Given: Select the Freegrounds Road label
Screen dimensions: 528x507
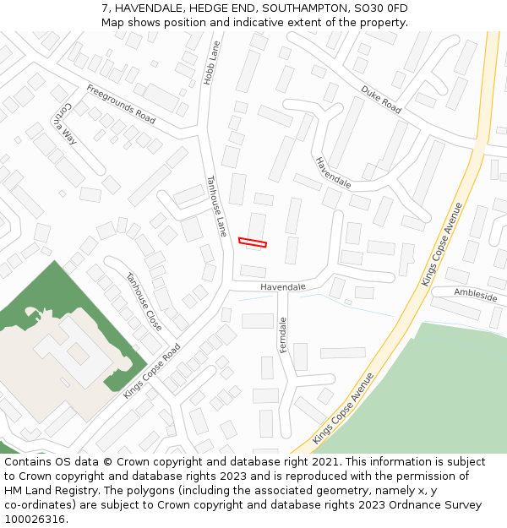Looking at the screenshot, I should [120, 104].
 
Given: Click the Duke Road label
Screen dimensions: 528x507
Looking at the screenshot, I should [381, 99].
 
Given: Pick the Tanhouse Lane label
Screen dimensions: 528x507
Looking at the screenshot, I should [217, 205].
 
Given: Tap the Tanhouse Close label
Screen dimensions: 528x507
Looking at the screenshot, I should [144, 302].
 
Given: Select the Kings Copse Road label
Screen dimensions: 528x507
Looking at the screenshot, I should [152, 371].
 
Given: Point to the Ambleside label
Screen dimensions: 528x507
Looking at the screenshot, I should [476, 296].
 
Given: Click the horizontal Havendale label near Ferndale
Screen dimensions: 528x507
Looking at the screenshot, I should [282, 287].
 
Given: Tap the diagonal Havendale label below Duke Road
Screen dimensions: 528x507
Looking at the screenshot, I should [333, 172].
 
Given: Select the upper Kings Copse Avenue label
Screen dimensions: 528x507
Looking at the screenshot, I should [443, 243].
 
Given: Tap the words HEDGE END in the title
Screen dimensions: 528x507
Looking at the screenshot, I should [217, 8].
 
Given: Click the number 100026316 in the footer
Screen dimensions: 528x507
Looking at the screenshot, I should [35, 519].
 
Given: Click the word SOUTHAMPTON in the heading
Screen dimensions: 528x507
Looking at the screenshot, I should [306, 8].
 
